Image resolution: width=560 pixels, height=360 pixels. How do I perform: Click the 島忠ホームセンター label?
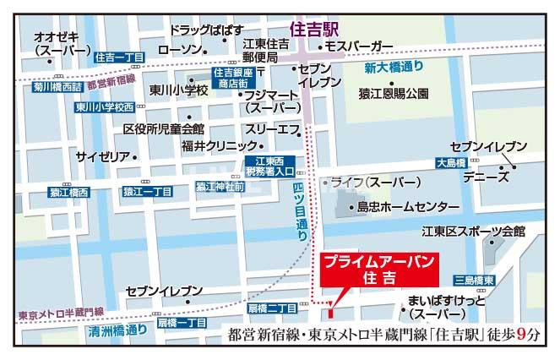point(407,206)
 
